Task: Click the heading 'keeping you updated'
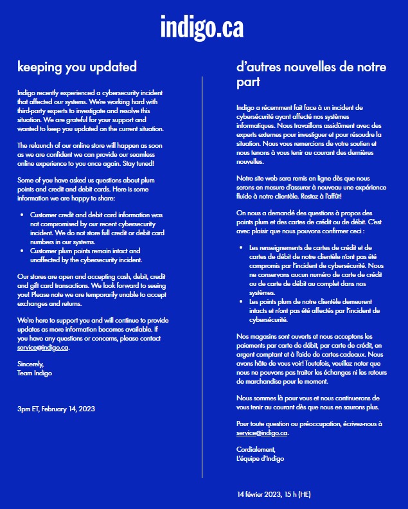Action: coord(76,66)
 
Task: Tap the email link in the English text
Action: coord(42,347)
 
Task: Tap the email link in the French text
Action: coord(262,433)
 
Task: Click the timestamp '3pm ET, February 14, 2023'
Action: coord(57,408)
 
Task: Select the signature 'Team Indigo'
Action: coord(35,373)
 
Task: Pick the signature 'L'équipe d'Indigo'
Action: coord(260,459)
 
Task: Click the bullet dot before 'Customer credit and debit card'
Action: coord(22,214)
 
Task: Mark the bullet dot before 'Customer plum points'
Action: coord(22,251)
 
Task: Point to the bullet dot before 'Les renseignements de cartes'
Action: coord(240,247)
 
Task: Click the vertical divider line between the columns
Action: coord(202,276)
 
